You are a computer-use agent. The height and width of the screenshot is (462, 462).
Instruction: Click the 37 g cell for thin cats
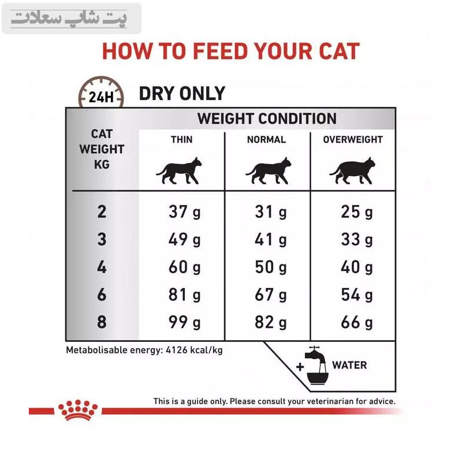coord(184,212)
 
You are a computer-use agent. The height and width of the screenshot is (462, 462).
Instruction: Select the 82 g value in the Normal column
coord(271,322)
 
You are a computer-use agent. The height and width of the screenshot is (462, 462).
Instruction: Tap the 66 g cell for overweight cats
coord(357,322)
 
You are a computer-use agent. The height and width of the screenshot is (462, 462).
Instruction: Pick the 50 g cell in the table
coord(271,267)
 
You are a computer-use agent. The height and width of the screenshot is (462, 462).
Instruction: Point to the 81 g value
coord(184,295)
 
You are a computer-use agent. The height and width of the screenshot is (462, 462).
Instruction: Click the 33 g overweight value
coord(357,240)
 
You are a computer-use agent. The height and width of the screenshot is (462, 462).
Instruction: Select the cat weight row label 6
coord(102,295)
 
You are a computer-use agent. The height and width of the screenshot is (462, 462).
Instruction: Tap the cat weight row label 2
coord(102,212)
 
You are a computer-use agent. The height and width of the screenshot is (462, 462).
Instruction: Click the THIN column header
coord(181,139)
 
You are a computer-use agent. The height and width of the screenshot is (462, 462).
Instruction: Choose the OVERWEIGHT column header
coord(353,139)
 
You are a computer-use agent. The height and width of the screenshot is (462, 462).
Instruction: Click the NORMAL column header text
coord(266,139)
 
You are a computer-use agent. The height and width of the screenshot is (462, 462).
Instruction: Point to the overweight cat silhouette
coord(352,171)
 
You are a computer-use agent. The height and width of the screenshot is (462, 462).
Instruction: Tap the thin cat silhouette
coord(179,171)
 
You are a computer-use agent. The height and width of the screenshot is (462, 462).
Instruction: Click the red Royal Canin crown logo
coord(78,410)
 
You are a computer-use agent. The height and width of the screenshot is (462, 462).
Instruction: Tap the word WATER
coord(349,366)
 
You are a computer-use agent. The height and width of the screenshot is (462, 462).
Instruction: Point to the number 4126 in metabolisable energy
coord(177,350)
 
